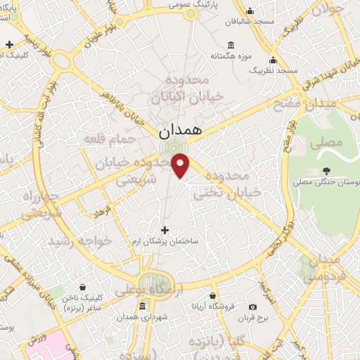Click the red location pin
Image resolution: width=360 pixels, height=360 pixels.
coord(181,165)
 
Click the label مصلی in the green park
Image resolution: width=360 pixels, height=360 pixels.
coord(328,143)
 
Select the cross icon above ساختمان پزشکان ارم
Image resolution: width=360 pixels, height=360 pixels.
coord(165,230)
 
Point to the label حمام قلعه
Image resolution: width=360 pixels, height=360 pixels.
coord(108,139)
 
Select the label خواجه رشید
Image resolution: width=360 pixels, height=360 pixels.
coord(79,240)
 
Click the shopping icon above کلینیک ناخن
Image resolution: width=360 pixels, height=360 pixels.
coord(84,287)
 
